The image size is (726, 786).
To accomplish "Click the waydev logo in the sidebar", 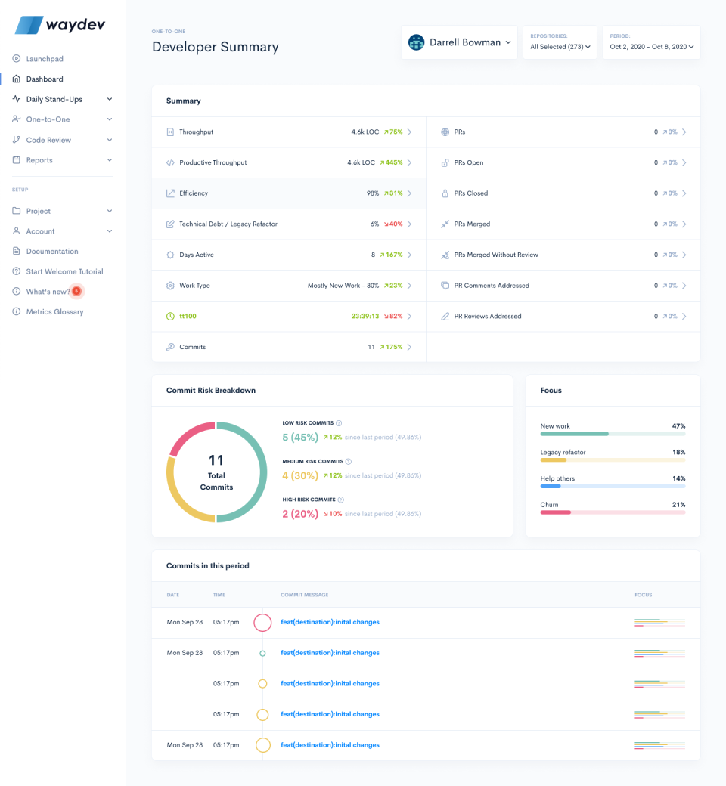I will click(60, 25).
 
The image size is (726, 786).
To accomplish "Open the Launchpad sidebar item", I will click(44, 59).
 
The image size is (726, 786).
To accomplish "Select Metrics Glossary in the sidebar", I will click(54, 311).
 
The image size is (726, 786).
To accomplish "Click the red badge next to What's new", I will click(76, 291).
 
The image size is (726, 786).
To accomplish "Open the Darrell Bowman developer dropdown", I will click(460, 43).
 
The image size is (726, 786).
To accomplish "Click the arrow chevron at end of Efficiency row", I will click(410, 193).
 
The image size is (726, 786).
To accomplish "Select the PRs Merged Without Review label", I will click(496, 255).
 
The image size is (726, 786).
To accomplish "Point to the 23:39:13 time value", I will click(366, 317).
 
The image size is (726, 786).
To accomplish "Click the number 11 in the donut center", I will click(216, 460).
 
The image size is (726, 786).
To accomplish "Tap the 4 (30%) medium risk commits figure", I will click(300, 475).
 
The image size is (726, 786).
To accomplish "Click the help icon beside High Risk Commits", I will click(341, 500).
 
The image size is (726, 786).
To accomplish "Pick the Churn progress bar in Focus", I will click(613, 512).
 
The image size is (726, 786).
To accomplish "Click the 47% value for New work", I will click(678, 426).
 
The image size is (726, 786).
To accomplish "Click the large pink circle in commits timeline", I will click(262, 623).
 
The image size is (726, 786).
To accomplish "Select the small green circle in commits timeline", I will click(262, 653).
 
